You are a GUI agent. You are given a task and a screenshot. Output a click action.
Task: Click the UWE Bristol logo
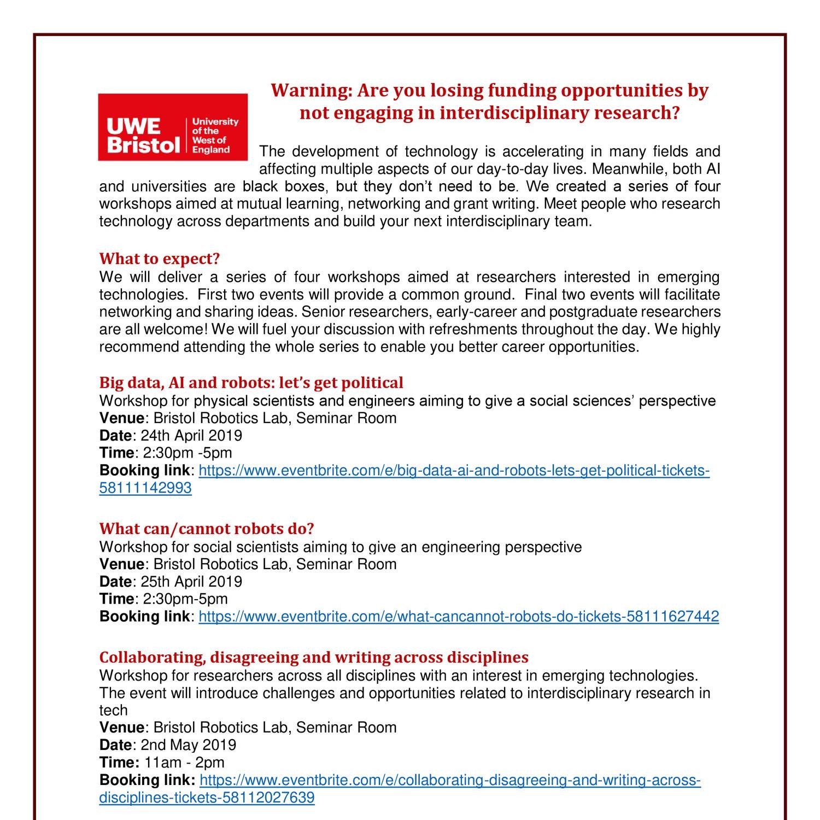tap(173, 127)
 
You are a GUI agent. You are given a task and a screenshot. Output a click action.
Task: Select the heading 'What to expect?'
tap(159, 258)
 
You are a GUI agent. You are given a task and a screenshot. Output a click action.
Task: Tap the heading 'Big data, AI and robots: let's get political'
tap(251, 382)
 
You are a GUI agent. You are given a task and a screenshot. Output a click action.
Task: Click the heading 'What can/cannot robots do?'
tap(207, 529)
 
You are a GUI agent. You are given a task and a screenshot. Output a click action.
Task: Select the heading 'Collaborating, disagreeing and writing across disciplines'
tap(314, 657)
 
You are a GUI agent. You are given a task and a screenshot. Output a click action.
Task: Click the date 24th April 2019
tap(191, 436)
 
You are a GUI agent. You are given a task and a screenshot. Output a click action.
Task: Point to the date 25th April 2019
tap(191, 582)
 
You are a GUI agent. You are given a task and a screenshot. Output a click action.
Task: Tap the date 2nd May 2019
tap(189, 745)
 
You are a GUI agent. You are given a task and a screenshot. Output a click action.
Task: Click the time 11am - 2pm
tap(184, 763)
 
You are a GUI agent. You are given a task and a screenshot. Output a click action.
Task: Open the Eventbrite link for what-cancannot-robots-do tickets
tap(458, 617)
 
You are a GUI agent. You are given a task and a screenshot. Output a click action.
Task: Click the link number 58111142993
tap(145, 488)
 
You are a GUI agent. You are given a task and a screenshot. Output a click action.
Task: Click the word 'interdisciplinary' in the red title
tap(514, 113)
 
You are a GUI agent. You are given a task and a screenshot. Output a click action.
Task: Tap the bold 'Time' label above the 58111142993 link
tap(116, 453)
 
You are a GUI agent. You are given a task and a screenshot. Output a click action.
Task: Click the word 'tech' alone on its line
tap(113, 711)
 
